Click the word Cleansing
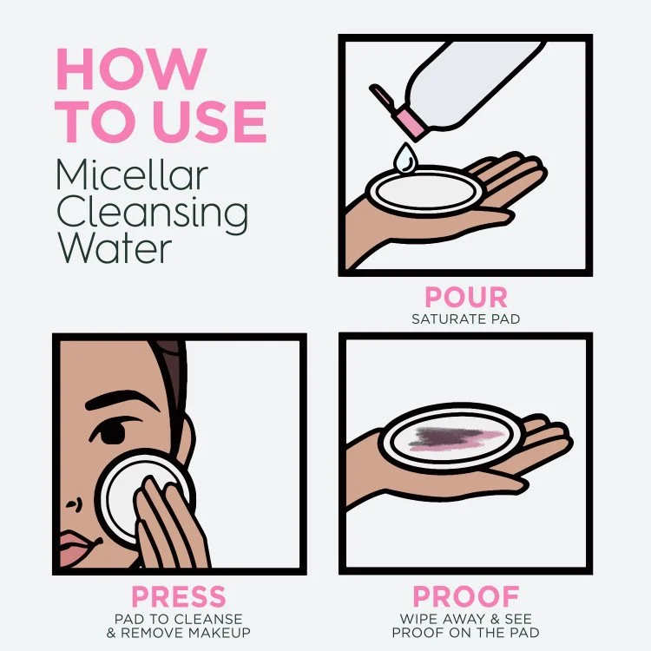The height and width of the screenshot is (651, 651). (x=152, y=214)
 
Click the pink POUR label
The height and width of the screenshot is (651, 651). (x=465, y=298)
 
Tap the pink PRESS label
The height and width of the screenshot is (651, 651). (x=178, y=597)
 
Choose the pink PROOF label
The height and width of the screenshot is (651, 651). (x=465, y=597)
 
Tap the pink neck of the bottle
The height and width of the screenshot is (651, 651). (x=408, y=118)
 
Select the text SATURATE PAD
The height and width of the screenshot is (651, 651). (x=465, y=319)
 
